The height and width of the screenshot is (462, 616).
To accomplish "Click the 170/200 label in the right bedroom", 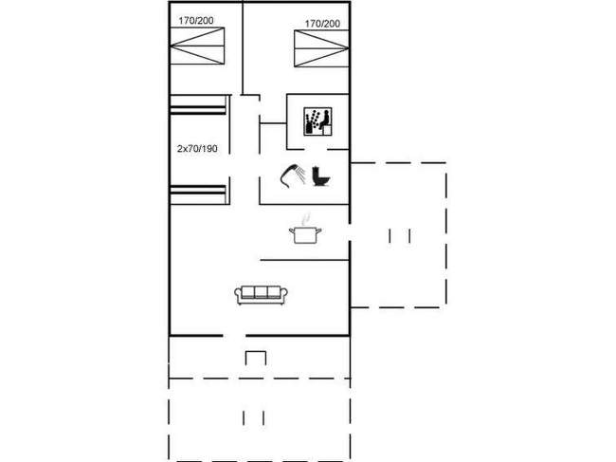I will tap(322, 23).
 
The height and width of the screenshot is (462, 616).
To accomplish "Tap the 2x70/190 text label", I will tap(197, 149).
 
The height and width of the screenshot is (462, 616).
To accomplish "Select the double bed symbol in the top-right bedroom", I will tap(321, 46).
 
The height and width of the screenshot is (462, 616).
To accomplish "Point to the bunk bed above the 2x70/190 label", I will tap(198, 104).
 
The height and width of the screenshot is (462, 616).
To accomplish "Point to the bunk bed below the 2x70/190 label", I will tap(198, 194).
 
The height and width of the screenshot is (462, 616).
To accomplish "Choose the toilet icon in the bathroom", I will tap(321, 176).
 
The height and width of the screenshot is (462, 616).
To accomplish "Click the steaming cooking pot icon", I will tap(304, 231).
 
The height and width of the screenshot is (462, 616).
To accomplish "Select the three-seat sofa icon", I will tap(261, 295).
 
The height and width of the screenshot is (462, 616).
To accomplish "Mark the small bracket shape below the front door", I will tap(256, 357).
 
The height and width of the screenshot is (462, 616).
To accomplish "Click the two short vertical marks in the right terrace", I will tap(399, 235).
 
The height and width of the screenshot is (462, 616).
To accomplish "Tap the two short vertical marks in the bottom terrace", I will tap(253, 417).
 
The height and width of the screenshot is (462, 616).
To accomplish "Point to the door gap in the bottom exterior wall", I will tap(234, 335).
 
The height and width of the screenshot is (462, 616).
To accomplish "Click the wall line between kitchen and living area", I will tap(303, 259).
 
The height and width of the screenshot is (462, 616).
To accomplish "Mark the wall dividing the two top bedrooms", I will tap(243, 47).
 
